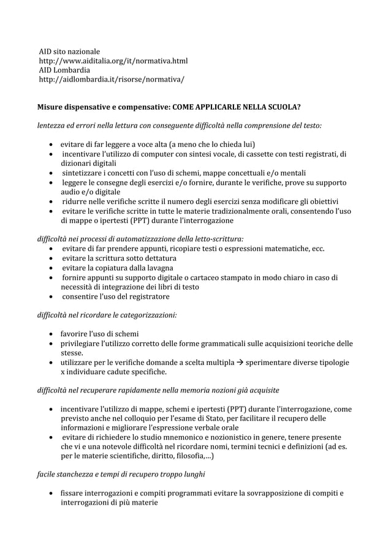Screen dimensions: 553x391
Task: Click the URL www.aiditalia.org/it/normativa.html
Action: pyautogui.click(x=113, y=61)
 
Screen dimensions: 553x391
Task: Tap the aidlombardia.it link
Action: pyautogui.click(x=111, y=80)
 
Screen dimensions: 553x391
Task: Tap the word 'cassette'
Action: pyautogui.click(x=284, y=154)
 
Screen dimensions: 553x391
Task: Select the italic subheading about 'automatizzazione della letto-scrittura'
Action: pyautogui.click(x=140, y=239)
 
